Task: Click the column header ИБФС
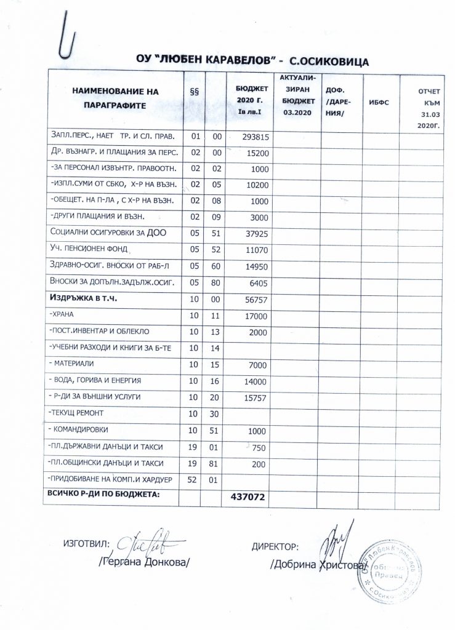click(381, 103)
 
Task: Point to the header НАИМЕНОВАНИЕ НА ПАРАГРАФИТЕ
click(115, 98)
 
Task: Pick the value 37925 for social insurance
click(252, 234)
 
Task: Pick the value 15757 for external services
click(252, 398)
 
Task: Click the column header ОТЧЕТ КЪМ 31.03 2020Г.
click(422, 103)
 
